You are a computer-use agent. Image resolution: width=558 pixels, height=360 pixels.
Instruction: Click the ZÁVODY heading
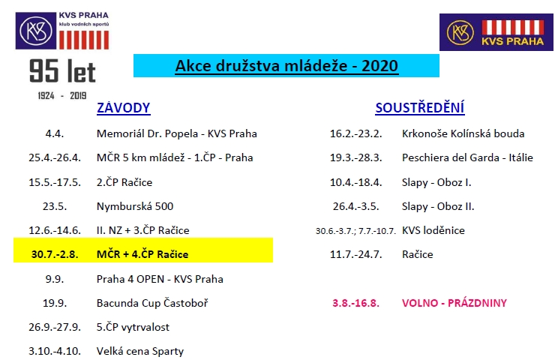coord(124,108)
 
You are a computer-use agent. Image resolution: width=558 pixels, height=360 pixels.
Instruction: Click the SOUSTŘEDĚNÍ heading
coord(420,107)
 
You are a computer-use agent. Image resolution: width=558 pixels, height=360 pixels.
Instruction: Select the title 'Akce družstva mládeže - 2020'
coord(286,66)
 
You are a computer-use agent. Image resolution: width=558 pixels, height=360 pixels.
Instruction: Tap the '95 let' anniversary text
coord(63,71)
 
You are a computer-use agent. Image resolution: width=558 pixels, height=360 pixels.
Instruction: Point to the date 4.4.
coord(55,133)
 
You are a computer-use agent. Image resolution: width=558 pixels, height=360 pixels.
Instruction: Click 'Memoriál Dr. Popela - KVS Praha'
coord(176,133)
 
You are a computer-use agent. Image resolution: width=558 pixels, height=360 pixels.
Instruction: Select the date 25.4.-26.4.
coord(55,157)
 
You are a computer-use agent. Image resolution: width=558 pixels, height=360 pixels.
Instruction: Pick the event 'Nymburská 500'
coord(135,206)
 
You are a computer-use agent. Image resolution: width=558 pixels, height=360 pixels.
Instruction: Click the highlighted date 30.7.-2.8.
coord(55,254)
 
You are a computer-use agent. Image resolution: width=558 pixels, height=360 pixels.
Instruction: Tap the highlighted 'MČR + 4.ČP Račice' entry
coord(142,254)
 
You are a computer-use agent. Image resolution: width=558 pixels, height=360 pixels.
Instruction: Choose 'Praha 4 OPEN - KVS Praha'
coord(160,279)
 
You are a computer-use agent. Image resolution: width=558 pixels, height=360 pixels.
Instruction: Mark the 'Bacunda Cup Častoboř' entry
coord(152,303)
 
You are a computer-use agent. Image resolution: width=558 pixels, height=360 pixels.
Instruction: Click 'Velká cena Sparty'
coord(139,352)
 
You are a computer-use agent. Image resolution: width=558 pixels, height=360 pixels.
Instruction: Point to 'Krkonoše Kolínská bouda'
coord(463,133)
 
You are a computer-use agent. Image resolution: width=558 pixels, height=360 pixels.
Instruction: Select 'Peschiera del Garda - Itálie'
coord(467,157)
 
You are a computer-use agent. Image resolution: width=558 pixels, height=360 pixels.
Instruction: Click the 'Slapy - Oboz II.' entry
coord(438,206)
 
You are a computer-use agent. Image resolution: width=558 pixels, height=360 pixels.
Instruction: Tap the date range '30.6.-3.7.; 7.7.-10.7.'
coord(355,231)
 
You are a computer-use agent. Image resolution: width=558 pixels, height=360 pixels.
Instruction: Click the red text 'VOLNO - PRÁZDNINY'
coord(454,303)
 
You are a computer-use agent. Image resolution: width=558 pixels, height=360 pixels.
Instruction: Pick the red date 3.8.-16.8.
coord(355,303)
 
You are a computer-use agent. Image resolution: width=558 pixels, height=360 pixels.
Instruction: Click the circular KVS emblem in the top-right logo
coord(460,32)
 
